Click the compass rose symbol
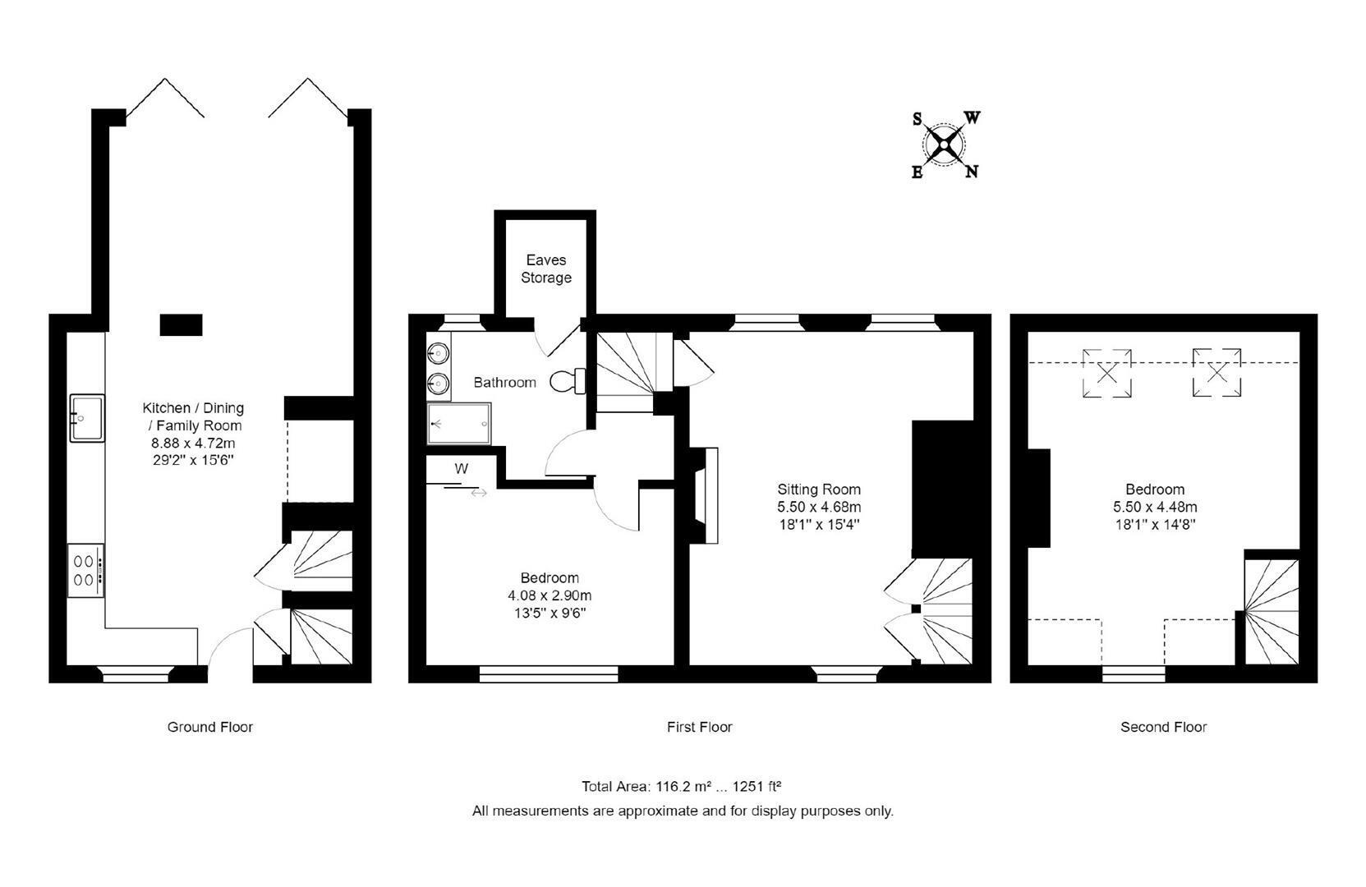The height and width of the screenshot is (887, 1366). pyautogui.click(x=944, y=145)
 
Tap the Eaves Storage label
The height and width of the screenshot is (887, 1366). pyautogui.click(x=545, y=269)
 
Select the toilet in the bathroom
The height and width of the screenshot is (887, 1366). pyautogui.click(x=568, y=382)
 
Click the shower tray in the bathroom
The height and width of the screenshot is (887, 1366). pyautogui.click(x=458, y=424)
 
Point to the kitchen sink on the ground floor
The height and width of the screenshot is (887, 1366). pyautogui.click(x=87, y=417)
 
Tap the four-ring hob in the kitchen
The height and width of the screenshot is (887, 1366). pyautogui.click(x=85, y=571)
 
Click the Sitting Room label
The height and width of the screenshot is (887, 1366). pyautogui.click(x=819, y=489)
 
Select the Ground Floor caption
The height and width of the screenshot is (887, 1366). pyautogui.click(x=209, y=727)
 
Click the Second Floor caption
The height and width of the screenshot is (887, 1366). pyautogui.click(x=1164, y=727)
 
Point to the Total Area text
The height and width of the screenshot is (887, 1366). pyautogui.click(x=682, y=787)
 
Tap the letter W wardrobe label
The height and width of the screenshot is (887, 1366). pyautogui.click(x=462, y=469)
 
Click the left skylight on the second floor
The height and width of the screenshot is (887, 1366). pyautogui.click(x=1106, y=373)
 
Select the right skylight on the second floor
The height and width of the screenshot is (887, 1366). pyautogui.click(x=1217, y=373)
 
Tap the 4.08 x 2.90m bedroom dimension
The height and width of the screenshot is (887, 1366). pyautogui.click(x=550, y=595)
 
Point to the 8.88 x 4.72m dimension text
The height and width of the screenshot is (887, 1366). pyautogui.click(x=193, y=443)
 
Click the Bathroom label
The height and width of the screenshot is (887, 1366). pyautogui.click(x=505, y=382)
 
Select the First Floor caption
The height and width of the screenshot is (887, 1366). pyautogui.click(x=700, y=727)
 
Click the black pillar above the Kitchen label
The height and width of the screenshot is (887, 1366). pyautogui.click(x=181, y=325)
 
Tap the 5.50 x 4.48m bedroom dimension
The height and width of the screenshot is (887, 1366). pyautogui.click(x=1155, y=507)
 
